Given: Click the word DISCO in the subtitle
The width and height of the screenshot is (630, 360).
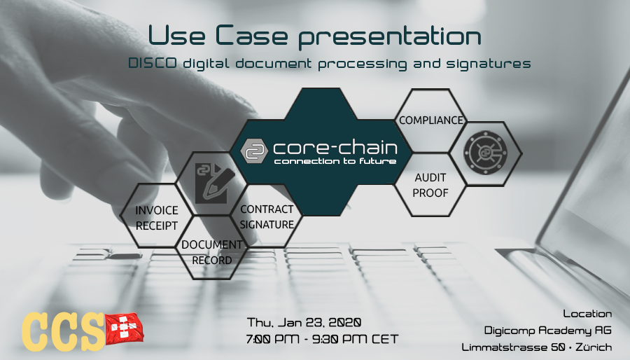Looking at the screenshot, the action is click(x=153, y=63).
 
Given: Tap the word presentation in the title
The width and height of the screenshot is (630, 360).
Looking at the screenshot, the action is click(x=390, y=36).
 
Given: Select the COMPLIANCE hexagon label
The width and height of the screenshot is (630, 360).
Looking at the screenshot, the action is click(x=431, y=120).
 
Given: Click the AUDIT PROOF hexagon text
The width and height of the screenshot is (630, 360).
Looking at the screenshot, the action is click(x=430, y=185).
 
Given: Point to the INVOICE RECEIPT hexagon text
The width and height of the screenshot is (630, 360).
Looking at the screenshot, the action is click(x=157, y=218).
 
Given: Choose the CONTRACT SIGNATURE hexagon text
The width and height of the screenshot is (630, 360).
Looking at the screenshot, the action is click(x=267, y=217).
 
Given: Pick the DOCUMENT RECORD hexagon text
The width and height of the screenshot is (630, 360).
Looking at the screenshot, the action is click(x=211, y=252).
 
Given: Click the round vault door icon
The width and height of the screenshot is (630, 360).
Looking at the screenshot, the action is click(x=485, y=153).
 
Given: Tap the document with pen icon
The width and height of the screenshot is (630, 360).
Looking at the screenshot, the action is click(x=212, y=184).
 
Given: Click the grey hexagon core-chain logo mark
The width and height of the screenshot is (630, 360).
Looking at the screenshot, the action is click(x=254, y=151).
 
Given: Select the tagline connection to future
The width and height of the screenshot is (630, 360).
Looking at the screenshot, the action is click(x=335, y=161).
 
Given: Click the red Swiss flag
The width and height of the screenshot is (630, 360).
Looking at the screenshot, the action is click(x=124, y=329).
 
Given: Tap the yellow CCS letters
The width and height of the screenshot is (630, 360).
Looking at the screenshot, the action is click(x=63, y=332).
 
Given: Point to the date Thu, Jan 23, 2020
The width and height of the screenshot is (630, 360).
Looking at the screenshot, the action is click(x=304, y=322).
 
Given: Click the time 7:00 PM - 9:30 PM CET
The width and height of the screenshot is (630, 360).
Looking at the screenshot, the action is click(x=322, y=339).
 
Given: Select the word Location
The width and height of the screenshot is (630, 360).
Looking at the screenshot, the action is click(x=587, y=313).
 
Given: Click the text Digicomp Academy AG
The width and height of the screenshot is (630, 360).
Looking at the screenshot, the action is click(x=547, y=331).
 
